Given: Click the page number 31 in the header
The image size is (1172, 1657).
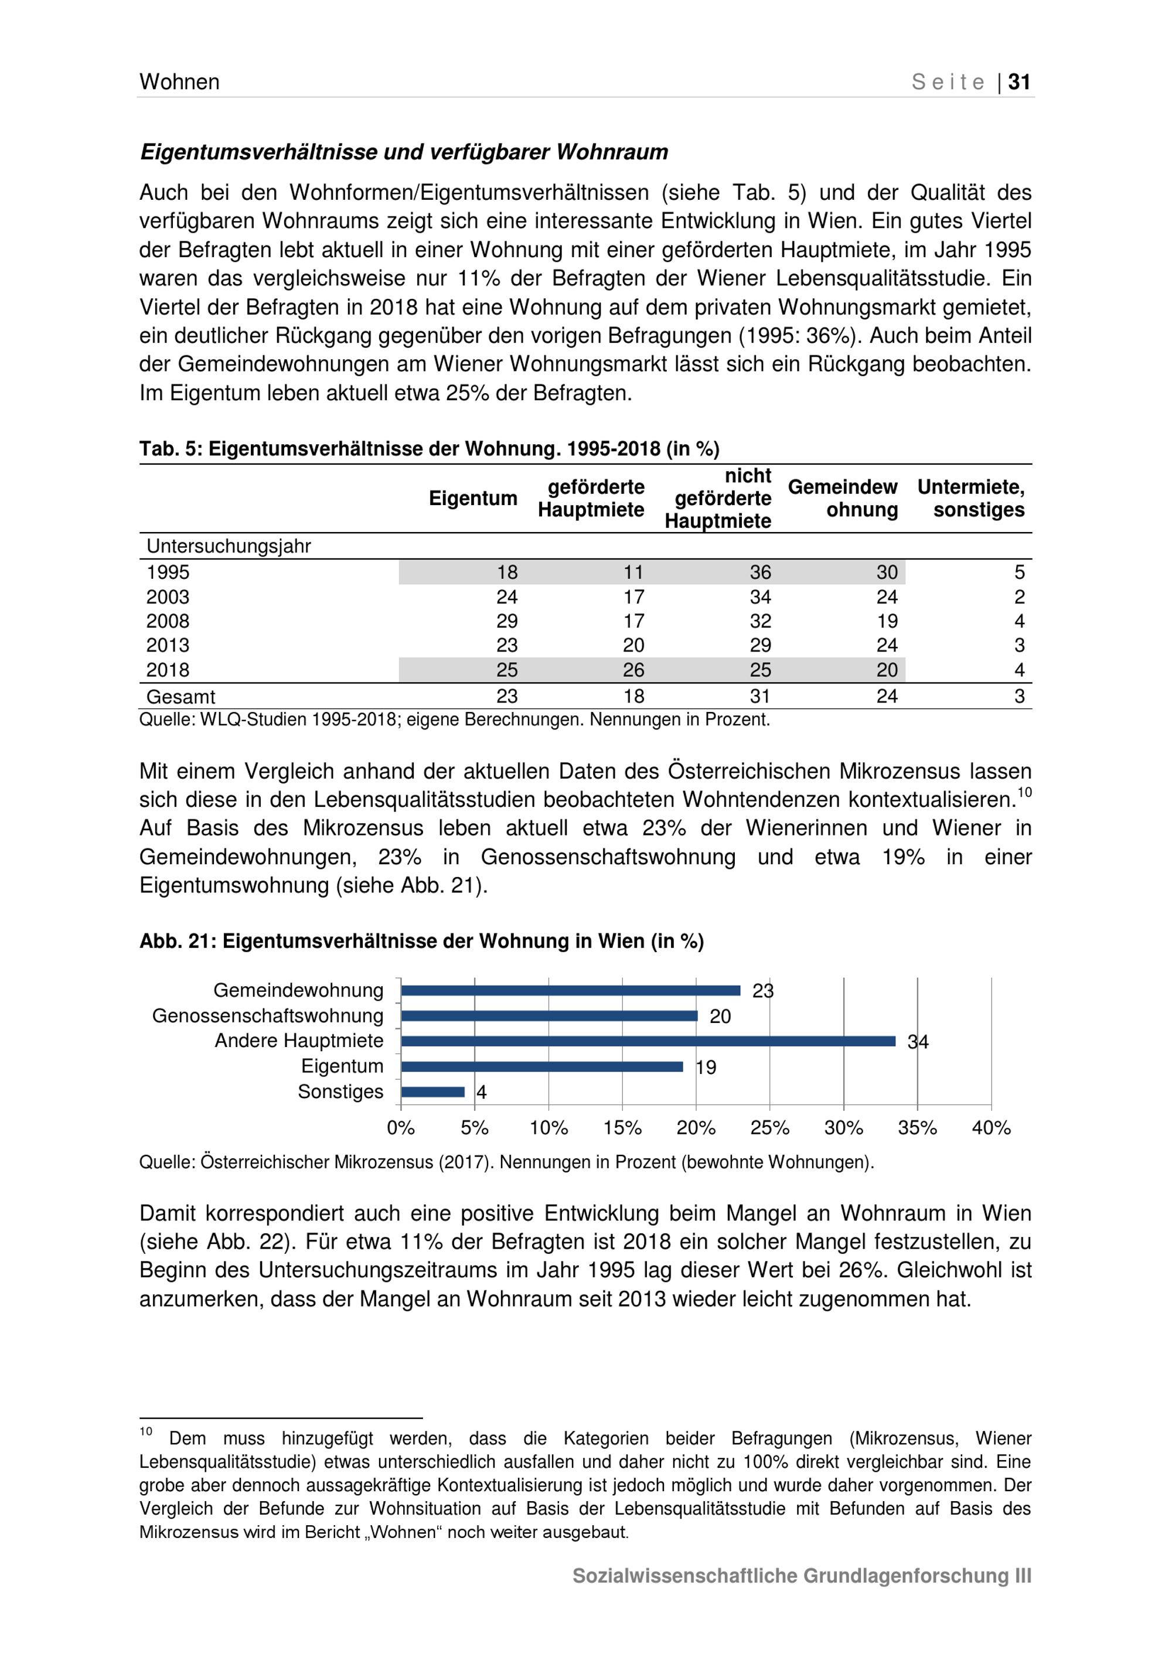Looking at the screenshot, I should coord(1018,82).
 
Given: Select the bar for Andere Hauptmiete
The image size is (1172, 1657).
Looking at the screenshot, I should coord(648,1041).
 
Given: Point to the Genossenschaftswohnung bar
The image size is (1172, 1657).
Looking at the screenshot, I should coord(548,1016).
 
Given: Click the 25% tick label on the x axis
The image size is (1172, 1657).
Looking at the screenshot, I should coord(769,1128).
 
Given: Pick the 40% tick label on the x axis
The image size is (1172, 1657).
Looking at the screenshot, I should coord(991,1128).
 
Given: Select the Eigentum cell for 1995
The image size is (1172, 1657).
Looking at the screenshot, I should coord(507,572).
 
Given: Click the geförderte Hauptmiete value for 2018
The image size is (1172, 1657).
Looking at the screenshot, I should coord(633,670).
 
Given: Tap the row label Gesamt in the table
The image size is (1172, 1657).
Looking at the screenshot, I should coord(180,697).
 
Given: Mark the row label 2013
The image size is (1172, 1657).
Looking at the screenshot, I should coord(168,645).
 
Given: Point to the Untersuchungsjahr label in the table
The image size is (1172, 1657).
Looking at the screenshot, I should coord(228,546).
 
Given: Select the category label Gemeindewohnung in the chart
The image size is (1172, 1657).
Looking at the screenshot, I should coord(298,990).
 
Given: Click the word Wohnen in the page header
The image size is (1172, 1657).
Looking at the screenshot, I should coord(179,82).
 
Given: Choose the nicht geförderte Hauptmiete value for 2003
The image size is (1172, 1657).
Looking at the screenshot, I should coord(760,597).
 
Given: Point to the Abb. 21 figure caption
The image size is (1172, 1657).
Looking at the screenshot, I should coord(421,941).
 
